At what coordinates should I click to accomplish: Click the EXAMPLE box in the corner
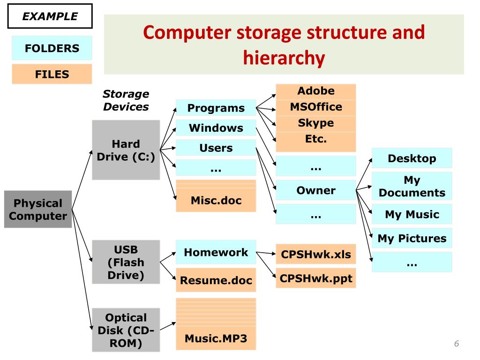tap(50, 16)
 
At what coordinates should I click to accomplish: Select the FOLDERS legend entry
tap(52, 48)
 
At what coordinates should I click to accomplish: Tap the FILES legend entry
tap(52, 74)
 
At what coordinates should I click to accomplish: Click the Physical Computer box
tap(38, 210)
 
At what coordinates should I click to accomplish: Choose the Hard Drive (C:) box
tap(126, 150)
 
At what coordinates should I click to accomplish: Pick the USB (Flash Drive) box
tap(126, 262)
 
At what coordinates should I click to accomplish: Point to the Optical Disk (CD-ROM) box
tap(126, 330)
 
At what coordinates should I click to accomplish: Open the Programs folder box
tap(216, 108)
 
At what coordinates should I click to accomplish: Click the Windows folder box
tap(216, 127)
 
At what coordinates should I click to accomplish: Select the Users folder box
tap(216, 148)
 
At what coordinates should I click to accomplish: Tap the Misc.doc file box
tap(216, 196)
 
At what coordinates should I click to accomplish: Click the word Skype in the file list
tap(316, 123)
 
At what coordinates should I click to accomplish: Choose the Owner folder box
tap(316, 190)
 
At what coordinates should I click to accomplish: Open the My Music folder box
tap(412, 214)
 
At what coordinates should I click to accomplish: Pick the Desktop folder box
tap(412, 158)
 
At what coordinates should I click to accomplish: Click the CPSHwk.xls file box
tap(316, 254)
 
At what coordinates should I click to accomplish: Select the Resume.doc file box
tap(216, 280)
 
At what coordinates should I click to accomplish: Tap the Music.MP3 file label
tap(216, 338)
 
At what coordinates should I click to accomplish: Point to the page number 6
tap(457, 344)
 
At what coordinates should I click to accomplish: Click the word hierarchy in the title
tap(284, 58)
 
